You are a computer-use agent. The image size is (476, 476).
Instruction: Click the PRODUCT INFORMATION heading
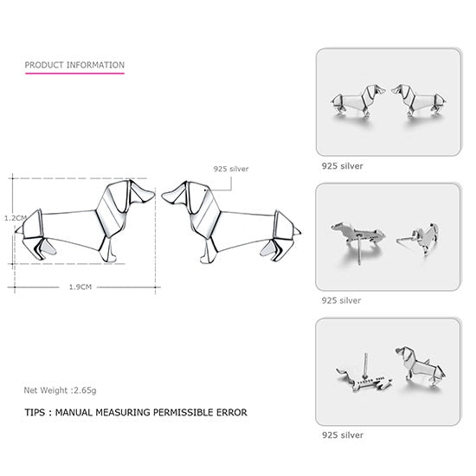[74, 65]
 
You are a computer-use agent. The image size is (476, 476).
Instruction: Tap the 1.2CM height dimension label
[16, 218]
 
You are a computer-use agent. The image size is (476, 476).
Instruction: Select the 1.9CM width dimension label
[80, 286]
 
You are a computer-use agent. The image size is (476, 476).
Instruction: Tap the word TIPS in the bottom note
[37, 413]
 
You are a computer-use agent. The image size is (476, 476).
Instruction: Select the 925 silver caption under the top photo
[342, 164]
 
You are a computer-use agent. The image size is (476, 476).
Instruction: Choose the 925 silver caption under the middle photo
[342, 299]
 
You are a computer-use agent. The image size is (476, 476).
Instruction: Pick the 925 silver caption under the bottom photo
[342, 434]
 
